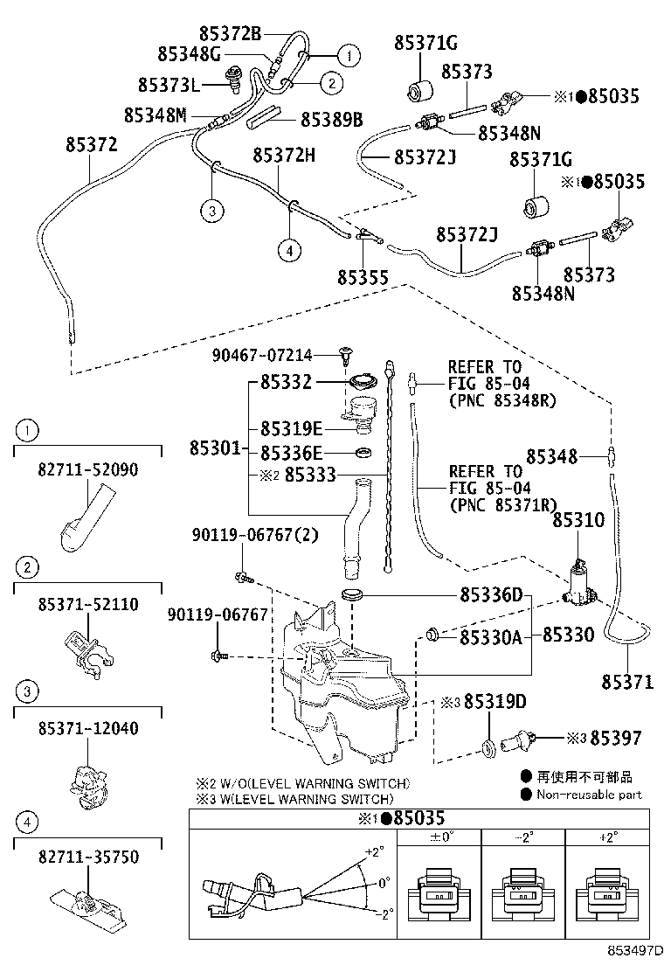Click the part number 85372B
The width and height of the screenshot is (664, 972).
click(x=230, y=34)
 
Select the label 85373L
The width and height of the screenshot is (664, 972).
click(x=169, y=85)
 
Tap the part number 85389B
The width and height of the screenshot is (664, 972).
click(x=331, y=119)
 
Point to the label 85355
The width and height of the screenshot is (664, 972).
click(x=363, y=276)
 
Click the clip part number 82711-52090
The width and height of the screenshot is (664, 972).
click(x=87, y=469)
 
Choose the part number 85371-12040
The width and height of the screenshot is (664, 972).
click(x=87, y=728)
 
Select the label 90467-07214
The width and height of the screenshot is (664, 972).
click(x=261, y=355)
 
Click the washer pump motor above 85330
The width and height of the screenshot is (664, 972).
click(x=578, y=584)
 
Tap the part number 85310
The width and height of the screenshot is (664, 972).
click(x=578, y=521)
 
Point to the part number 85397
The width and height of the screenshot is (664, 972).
click(x=616, y=739)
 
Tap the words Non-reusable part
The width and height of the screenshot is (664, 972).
click(x=589, y=795)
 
